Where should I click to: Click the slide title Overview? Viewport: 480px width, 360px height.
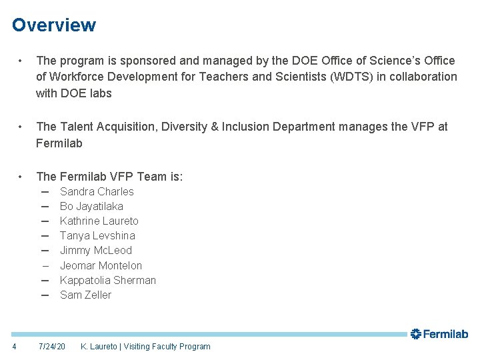54,25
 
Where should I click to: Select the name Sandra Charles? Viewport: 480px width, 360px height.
97,191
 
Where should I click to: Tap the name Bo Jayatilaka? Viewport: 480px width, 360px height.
91,206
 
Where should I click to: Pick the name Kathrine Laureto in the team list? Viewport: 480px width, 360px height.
99,221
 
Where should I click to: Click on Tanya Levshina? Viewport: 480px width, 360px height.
97,235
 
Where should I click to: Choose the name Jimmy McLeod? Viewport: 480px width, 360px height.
95,250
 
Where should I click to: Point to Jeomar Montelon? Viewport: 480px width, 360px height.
101,265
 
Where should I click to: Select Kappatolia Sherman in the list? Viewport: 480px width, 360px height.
107,280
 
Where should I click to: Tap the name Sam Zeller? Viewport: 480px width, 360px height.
85,295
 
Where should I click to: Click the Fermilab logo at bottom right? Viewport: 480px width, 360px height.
439,334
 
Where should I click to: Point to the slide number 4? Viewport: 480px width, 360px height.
15,347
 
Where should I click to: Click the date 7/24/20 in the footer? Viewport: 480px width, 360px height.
52,347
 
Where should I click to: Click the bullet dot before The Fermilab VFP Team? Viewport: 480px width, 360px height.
23,177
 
